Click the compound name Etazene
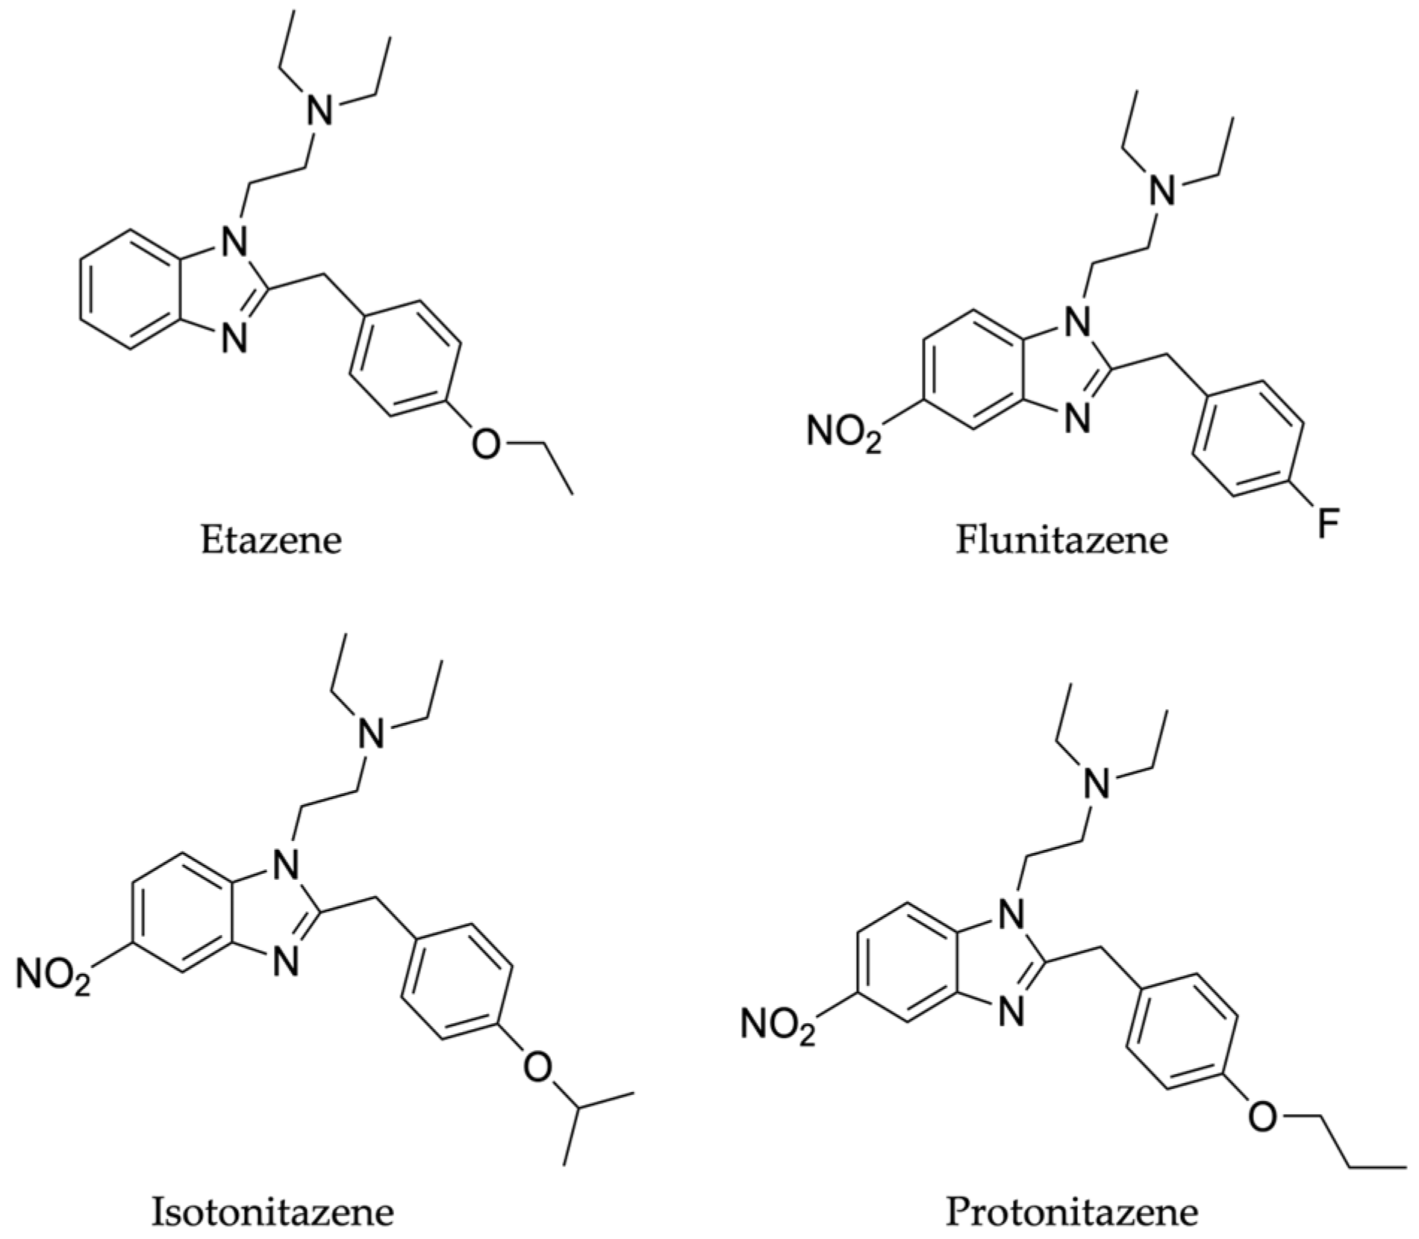[271, 539]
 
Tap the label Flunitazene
[1061, 539]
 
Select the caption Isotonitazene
[272, 1211]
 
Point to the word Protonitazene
[1071, 1211]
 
